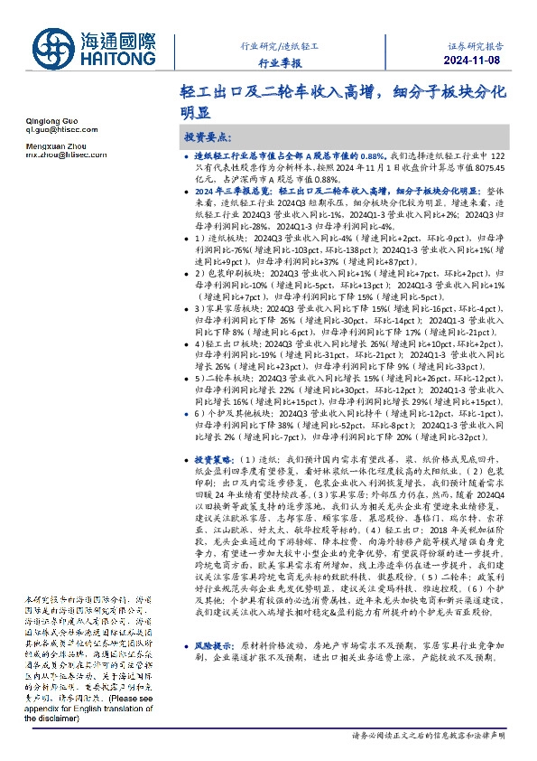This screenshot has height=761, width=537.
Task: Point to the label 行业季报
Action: coord(280,63)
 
